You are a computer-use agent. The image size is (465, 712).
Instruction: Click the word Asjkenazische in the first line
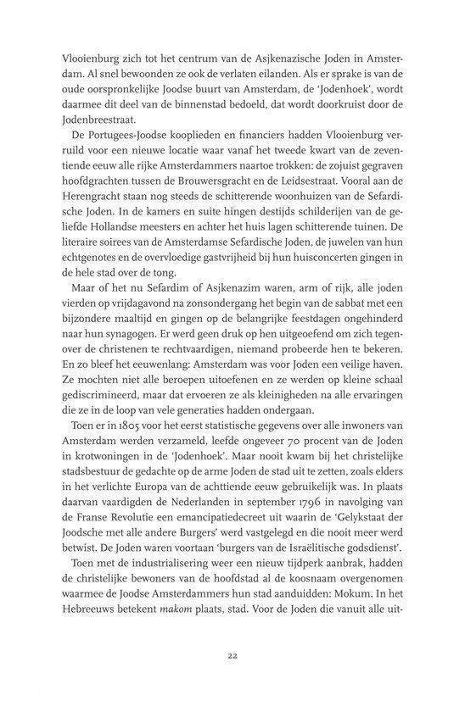289,61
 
